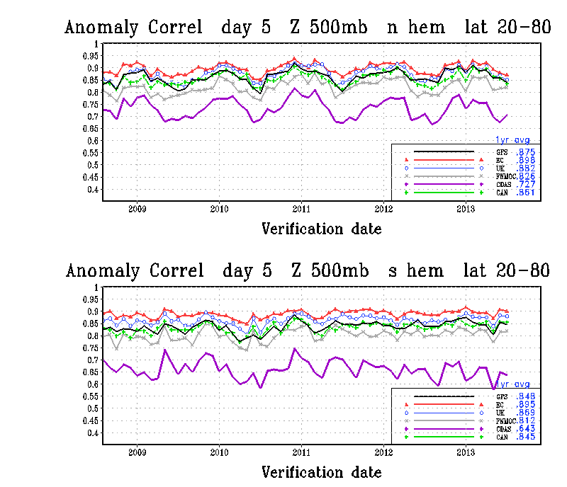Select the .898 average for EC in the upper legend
pyautogui.click(x=525, y=159)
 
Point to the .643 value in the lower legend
pyautogui.click(x=525, y=428)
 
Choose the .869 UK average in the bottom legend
pyautogui.click(x=525, y=412)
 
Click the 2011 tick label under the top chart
pyautogui.click(x=302, y=210)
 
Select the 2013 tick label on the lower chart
pyautogui.click(x=466, y=452)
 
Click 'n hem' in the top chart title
pyautogui.click(x=416, y=28)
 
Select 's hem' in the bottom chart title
pyautogui.click(x=416, y=271)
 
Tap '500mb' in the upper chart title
pyautogui.click(x=333, y=28)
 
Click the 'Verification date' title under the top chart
pyautogui.click(x=322, y=229)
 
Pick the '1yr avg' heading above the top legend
pyautogui.click(x=512, y=140)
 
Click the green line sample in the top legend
pyautogui.click(x=443, y=192)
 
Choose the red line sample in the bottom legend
pyautogui.click(x=443, y=403)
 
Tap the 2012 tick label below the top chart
pyautogui.click(x=383, y=210)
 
